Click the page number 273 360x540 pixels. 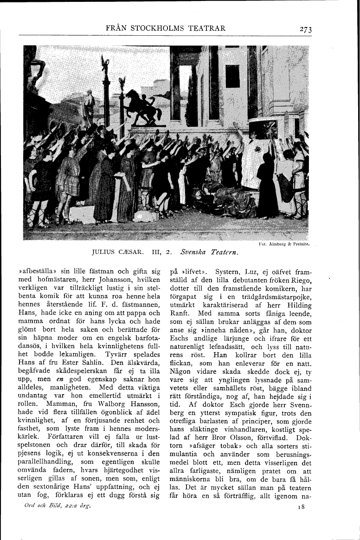(305, 30)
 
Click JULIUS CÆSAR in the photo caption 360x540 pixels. (114, 254)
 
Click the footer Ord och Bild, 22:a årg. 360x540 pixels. (58, 506)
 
